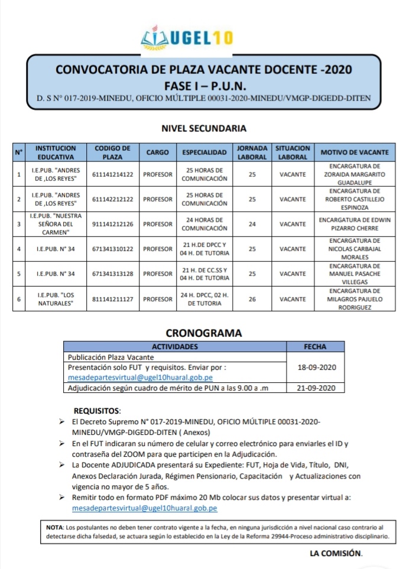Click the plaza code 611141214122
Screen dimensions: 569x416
[112, 175]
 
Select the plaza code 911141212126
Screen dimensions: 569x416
[112, 224]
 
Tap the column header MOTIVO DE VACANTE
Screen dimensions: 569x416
[354, 152]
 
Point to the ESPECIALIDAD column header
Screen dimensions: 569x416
[204, 152]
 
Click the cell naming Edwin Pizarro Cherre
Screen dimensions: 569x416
[354, 224]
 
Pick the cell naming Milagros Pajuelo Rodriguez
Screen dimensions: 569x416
[354, 299]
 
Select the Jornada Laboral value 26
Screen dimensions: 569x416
[252, 299]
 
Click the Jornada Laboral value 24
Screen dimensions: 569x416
[252, 224]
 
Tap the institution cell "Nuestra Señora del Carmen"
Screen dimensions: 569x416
[55, 224]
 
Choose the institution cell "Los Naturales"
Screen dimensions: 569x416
[55, 299]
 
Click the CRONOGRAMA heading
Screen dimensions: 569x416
[204, 333]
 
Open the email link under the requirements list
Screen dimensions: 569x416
[144, 508]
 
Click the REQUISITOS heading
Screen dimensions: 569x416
[97, 410]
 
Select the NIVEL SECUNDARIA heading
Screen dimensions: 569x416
[204, 128]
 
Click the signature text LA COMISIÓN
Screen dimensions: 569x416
[336, 554]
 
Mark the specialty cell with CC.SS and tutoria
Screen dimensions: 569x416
[204, 274]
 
